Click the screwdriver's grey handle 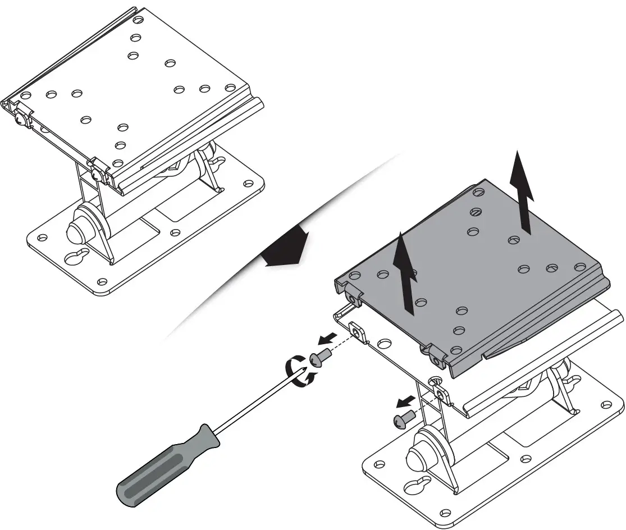pos(166,467)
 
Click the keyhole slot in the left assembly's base pos(77,255)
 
